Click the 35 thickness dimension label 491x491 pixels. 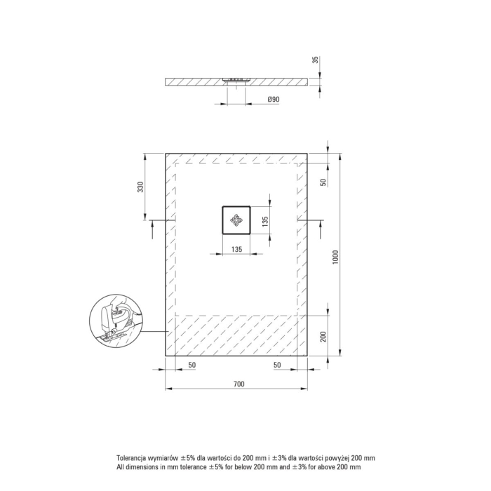coord(316,60)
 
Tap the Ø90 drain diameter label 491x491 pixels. coord(274,100)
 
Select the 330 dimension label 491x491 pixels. coord(140,187)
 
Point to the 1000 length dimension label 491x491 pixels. coord(335,257)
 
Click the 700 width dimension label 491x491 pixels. coord(239,384)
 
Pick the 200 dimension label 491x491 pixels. coord(323,337)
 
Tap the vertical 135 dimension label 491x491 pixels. coord(265,222)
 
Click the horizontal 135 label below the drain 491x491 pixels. coord(237,249)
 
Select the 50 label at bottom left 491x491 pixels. coord(192,365)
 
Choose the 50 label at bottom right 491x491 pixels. coord(277,365)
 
